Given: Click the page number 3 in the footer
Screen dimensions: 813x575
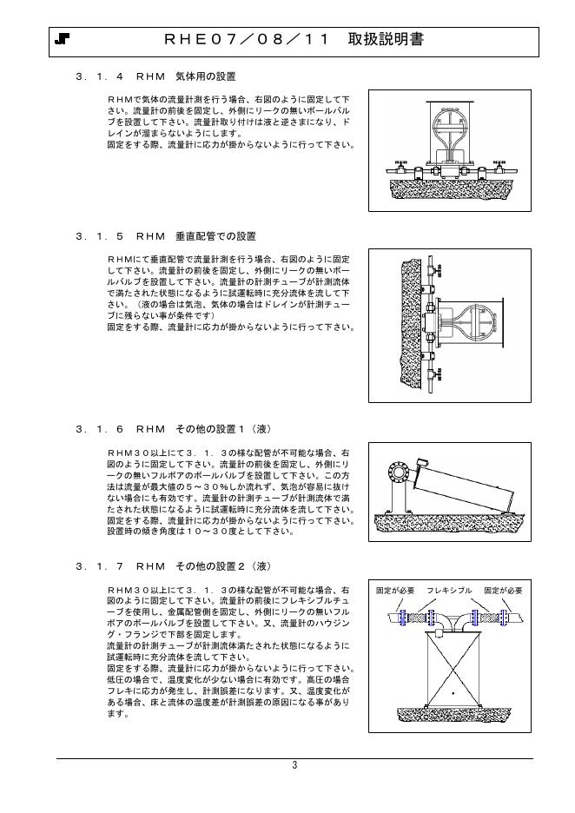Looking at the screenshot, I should point(294,765).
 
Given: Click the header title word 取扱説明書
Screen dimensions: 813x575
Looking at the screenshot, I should point(387,40).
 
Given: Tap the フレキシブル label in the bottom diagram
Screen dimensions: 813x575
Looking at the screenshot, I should point(449,592).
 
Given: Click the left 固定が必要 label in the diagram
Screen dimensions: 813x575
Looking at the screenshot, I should point(394,592).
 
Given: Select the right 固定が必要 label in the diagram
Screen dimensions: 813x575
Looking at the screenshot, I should point(504,592).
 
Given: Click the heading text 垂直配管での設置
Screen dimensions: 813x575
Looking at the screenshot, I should point(216,236).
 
